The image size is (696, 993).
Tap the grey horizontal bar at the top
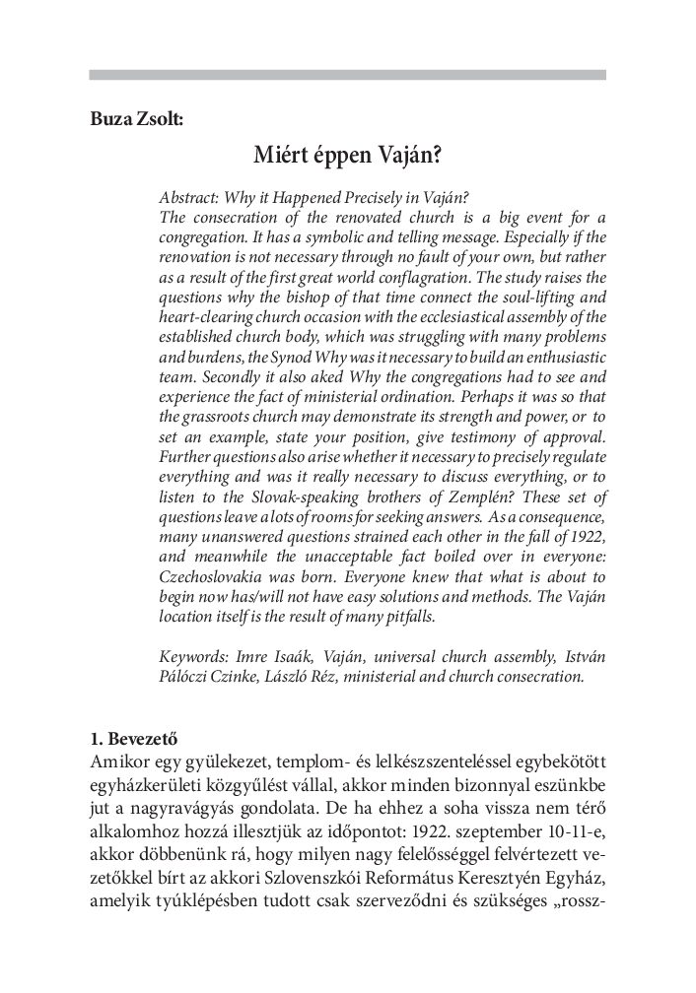(x=347, y=74)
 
